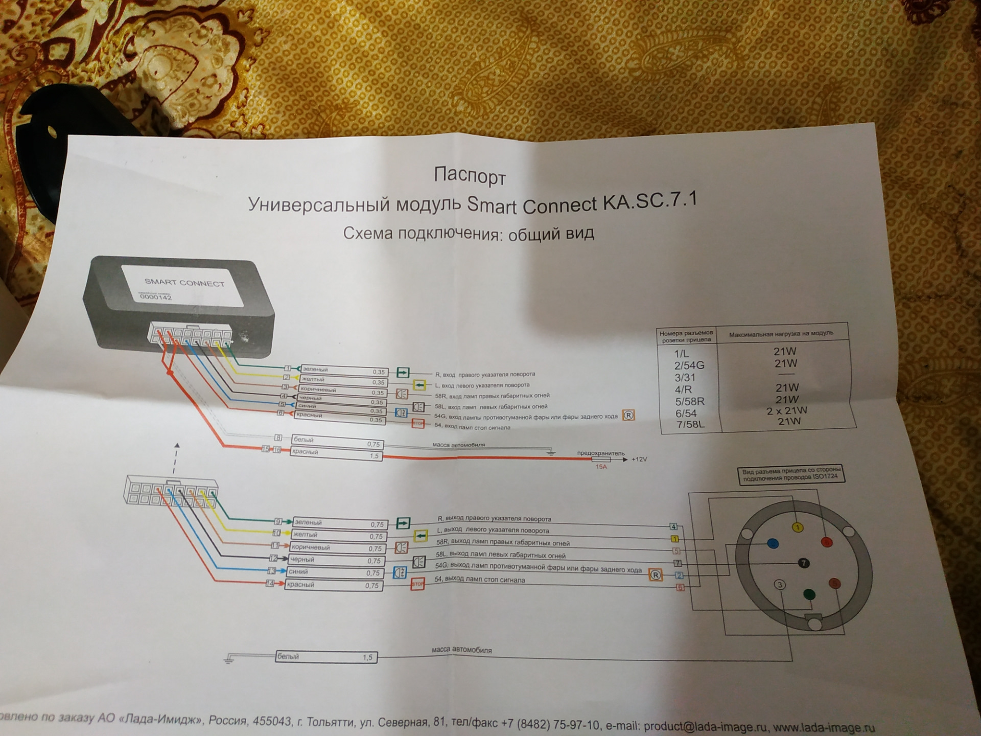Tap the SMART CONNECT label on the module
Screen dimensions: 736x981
184,283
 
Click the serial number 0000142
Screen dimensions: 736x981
156,297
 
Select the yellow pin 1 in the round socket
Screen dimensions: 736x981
797,527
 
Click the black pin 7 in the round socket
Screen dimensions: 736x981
804,563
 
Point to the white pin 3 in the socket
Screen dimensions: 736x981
780,585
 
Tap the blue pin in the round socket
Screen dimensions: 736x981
773,544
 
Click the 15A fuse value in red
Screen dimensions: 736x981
601,467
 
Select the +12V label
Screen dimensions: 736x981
639,459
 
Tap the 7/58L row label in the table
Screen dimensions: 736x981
690,425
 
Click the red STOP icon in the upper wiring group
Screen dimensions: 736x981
418,423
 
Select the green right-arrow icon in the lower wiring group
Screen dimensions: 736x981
403,523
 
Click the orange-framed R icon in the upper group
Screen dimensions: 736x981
628,416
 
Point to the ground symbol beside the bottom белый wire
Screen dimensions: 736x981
228,659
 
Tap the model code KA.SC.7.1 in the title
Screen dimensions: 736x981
649,202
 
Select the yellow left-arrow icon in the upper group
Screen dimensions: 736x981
419,384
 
